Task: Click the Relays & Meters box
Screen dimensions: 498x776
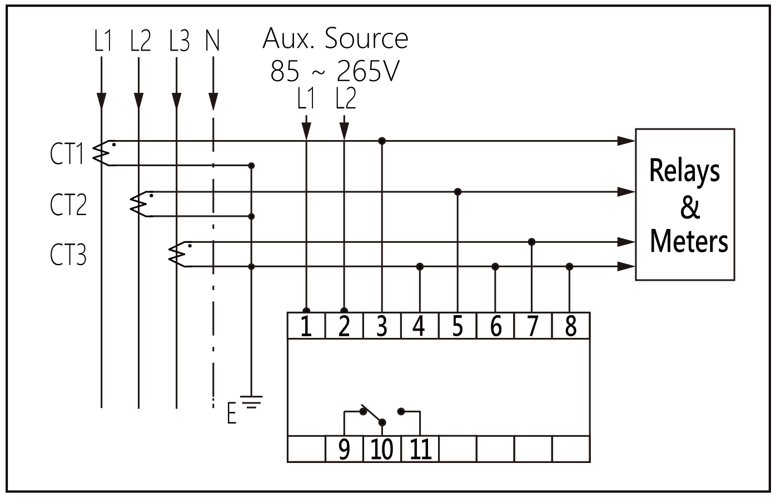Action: tap(685, 205)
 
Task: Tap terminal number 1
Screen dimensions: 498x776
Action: tap(306, 326)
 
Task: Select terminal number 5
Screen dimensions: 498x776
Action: tap(457, 326)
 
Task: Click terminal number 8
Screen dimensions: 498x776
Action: tap(570, 326)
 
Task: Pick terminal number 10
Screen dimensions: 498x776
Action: tap(382, 449)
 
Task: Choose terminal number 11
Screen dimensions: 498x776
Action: tap(420, 449)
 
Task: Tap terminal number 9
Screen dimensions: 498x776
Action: tap(344, 449)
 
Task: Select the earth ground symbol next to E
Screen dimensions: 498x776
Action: tap(253, 402)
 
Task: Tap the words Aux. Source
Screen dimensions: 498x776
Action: tap(335, 38)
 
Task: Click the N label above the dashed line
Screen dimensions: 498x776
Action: tap(212, 41)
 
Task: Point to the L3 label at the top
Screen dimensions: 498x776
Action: tap(179, 41)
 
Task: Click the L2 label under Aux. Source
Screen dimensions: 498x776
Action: tap(345, 99)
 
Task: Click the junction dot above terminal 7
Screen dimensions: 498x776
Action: tap(531, 242)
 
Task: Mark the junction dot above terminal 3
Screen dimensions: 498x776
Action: tap(381, 141)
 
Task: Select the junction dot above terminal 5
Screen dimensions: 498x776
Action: tap(457, 192)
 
